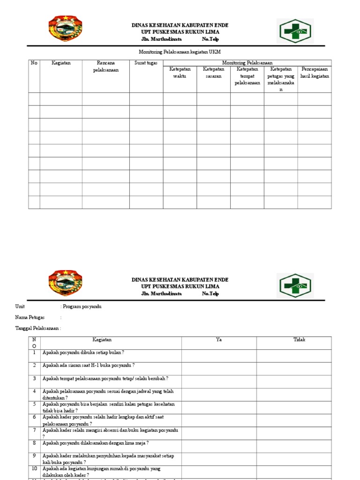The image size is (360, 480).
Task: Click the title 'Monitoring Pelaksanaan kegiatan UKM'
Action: [180, 52]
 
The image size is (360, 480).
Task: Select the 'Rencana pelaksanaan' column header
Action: [105, 66]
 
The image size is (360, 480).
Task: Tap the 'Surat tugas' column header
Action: [146, 63]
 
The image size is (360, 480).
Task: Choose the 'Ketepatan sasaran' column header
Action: [213, 73]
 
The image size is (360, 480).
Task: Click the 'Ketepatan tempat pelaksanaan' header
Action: [247, 76]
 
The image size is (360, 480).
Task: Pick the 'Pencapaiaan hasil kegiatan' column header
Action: [315, 73]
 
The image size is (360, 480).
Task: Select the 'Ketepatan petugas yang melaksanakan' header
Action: [281, 79]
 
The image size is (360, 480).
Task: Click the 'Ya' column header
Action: [218, 340]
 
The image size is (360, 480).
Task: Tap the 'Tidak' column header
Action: [299, 340]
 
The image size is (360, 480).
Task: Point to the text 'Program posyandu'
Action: [82, 307]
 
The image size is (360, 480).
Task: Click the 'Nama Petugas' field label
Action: [30, 317]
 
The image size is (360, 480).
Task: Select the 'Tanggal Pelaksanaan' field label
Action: [38, 328]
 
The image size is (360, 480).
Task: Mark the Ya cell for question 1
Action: [218, 356]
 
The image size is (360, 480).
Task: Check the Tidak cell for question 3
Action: [299, 381]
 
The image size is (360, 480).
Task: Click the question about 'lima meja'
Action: [96, 442]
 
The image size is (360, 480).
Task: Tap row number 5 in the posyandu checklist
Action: [34, 404]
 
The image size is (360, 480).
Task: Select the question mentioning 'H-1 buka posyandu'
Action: [89, 365]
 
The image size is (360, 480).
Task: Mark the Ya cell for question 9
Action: [218, 458]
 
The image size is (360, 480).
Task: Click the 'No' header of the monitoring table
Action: [34, 63]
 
